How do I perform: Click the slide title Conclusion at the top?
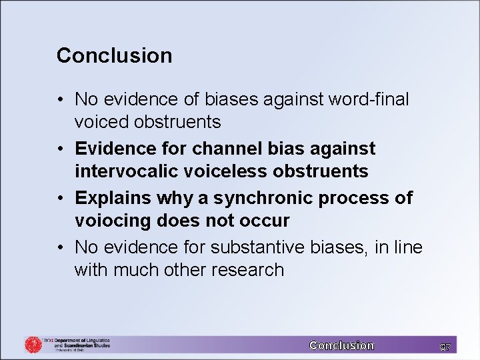click(114, 55)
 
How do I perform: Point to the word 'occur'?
click(266, 220)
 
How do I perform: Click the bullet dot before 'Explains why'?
click(61, 199)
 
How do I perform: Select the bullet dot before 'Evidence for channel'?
click(61, 149)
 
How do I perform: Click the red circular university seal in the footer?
click(33, 344)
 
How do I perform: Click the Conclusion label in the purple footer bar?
click(341, 345)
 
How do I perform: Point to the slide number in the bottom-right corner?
click(445, 345)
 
